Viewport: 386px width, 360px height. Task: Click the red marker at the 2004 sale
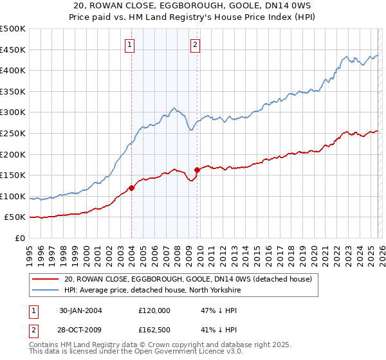131,188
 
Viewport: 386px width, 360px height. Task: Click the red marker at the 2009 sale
197,170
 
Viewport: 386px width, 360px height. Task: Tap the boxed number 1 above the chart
131,44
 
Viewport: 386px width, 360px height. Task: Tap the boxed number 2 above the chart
194,44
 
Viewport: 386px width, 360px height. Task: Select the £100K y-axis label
13,196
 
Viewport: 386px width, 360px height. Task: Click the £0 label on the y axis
19,238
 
